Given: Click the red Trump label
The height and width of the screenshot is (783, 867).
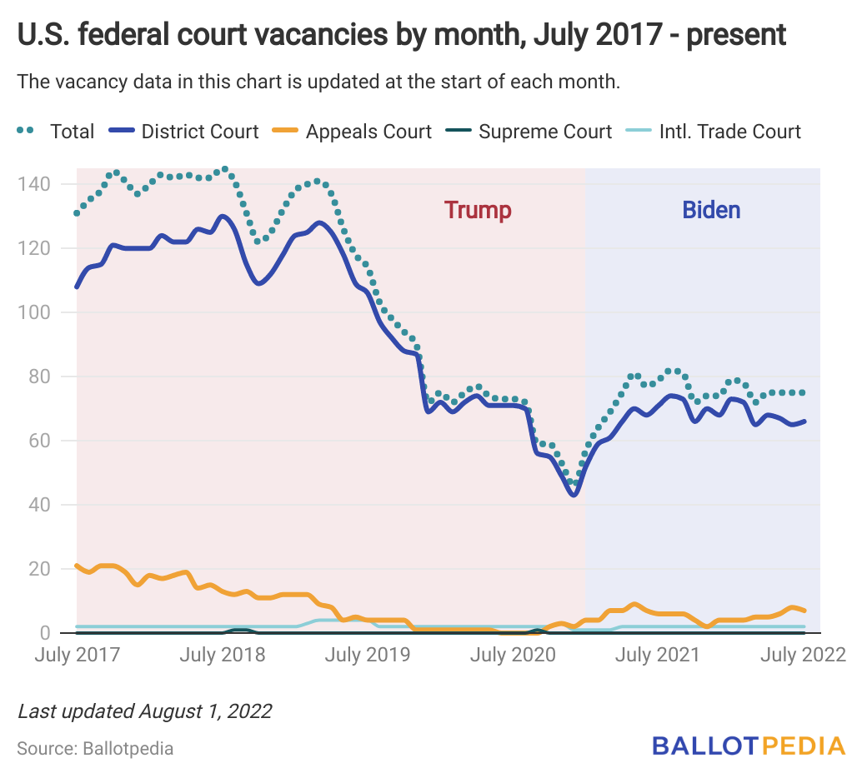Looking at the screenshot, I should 478,210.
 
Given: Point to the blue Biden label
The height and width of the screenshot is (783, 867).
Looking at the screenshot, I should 711,210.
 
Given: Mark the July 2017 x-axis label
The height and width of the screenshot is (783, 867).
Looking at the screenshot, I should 77,655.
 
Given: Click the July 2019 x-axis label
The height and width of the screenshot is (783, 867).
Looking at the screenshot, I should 367,655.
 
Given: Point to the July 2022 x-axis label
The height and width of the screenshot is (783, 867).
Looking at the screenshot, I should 804,655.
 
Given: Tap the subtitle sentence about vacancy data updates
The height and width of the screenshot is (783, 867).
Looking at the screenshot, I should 318,82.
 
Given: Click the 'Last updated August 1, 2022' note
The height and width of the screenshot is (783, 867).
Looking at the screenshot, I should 144,711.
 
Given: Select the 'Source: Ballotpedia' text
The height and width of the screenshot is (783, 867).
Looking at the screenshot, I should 95,748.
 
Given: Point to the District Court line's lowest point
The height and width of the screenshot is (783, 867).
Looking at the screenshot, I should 574,496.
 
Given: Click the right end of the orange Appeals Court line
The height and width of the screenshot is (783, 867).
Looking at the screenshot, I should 804,611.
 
